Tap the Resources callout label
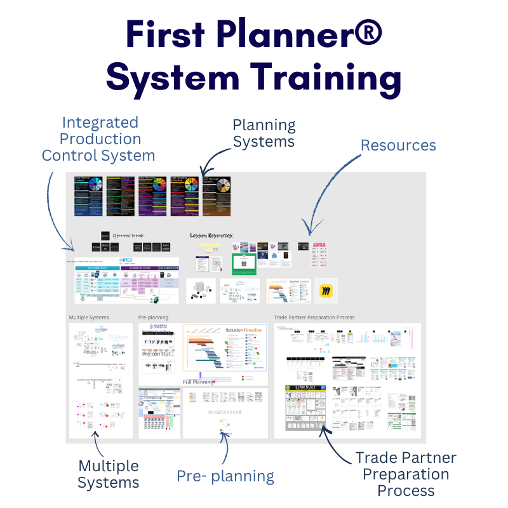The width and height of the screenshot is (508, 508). (x=398, y=145)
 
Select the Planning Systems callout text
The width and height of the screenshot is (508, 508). (x=264, y=133)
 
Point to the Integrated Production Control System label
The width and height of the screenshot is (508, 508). (x=98, y=138)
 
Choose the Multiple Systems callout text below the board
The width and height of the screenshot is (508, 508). (x=109, y=474)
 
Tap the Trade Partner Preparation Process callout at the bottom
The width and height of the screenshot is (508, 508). (x=406, y=474)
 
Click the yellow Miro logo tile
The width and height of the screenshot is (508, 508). (x=326, y=291)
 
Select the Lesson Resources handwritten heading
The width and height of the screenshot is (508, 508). (x=212, y=236)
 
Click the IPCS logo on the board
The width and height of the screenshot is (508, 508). (x=126, y=261)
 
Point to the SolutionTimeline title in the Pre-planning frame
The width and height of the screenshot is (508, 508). (x=243, y=330)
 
